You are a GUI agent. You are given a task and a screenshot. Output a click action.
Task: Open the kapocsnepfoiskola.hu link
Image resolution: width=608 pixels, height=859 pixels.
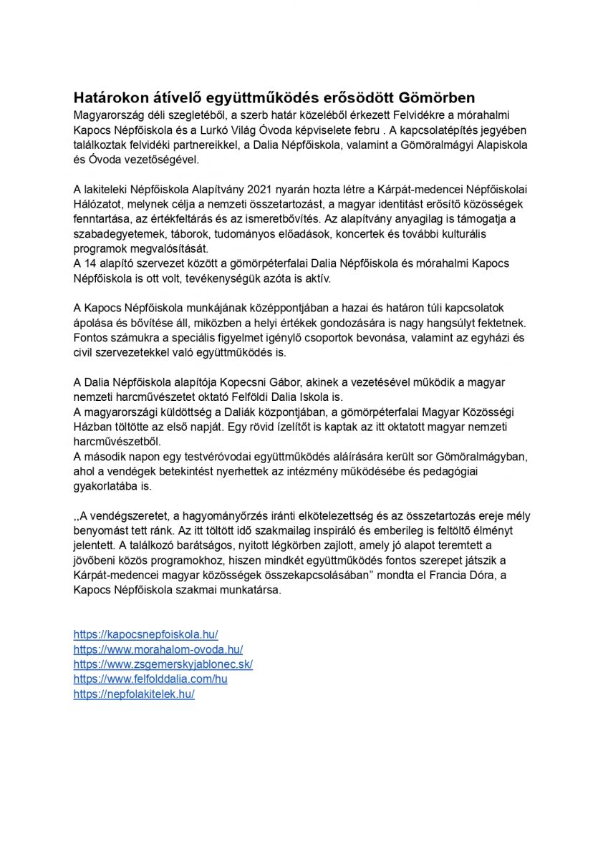pyautogui.click(x=145, y=634)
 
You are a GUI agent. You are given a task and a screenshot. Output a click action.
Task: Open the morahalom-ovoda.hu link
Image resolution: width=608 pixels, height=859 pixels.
pyautogui.click(x=158, y=649)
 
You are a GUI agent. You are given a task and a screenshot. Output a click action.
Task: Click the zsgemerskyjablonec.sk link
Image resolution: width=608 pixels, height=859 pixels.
pyautogui.click(x=163, y=664)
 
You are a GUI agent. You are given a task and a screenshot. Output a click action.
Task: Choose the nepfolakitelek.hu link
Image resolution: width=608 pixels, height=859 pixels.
pyautogui.click(x=134, y=694)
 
